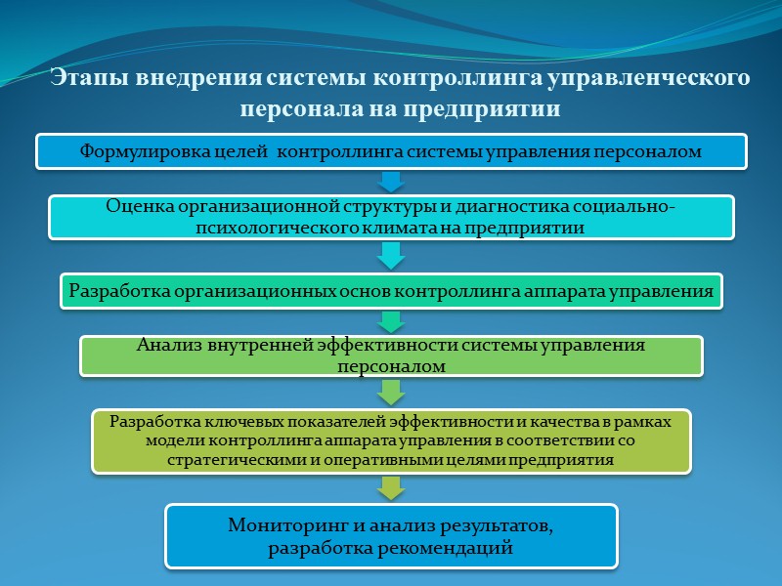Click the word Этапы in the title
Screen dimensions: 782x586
pyautogui.click(x=85, y=78)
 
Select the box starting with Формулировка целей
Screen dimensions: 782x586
pyautogui.click(x=391, y=151)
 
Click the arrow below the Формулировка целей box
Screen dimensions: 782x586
pyautogui.click(x=391, y=182)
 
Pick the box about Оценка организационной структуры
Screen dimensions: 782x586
pyautogui.click(x=391, y=217)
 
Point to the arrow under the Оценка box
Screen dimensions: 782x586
pyautogui.click(x=391, y=256)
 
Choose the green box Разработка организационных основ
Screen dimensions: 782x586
pyautogui.click(x=391, y=290)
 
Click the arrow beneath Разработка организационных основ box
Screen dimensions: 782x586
pyautogui.click(x=391, y=321)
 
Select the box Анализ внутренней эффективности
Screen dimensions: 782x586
pyautogui.click(x=391, y=356)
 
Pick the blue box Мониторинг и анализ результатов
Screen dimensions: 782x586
pyautogui.click(x=391, y=536)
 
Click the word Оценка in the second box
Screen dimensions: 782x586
pyautogui.click(x=134, y=207)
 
